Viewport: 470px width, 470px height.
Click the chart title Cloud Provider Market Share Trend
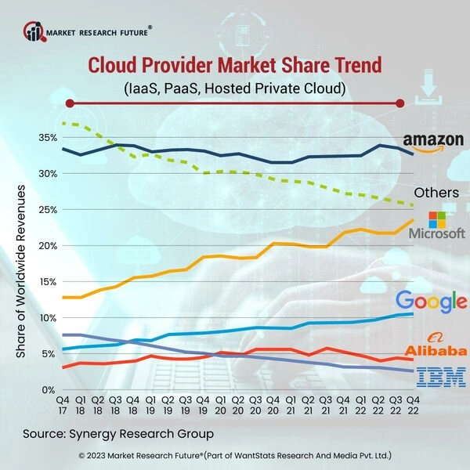click(235, 65)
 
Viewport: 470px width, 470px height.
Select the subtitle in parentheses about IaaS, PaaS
click(235, 86)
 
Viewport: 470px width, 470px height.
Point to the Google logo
click(431, 301)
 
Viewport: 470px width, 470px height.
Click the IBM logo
click(430, 378)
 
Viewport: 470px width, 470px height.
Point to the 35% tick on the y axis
click(47, 138)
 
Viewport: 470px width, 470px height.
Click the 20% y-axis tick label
click(47, 246)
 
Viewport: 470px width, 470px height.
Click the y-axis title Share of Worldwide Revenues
click(21, 272)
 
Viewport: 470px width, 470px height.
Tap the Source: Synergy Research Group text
click(117, 433)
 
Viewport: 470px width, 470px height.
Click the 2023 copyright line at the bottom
click(235, 455)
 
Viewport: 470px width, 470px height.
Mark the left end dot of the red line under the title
click(70, 103)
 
